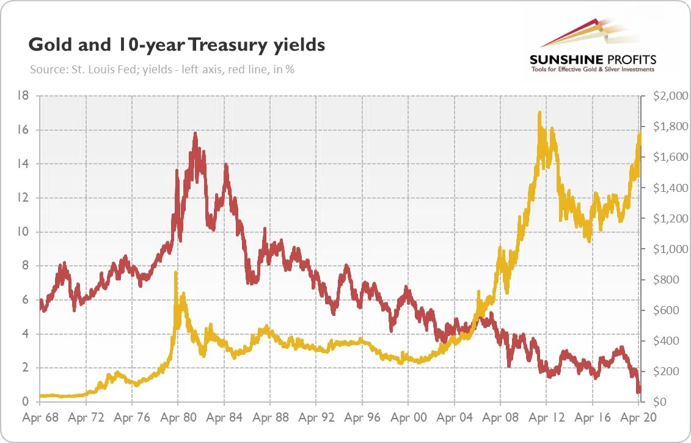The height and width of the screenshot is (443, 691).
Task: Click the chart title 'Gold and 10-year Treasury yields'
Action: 177,45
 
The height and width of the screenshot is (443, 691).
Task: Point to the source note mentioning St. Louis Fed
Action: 162,70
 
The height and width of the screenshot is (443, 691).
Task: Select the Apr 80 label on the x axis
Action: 178,419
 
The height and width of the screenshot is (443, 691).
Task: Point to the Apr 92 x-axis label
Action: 316,419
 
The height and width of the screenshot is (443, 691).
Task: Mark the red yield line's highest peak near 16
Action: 195,133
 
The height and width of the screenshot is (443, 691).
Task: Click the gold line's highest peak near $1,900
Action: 539,112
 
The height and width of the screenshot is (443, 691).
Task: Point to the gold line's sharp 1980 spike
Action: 176,273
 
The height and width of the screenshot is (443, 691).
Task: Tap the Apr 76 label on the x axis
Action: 132,419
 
